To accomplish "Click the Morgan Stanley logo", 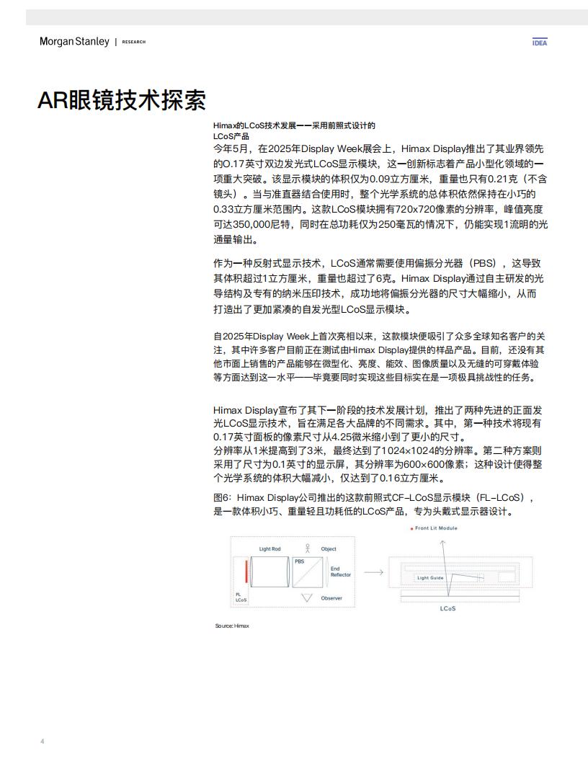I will [74, 42].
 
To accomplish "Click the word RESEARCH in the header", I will [134, 43].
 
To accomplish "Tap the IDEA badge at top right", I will [539, 42].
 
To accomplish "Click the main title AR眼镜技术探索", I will [122, 100].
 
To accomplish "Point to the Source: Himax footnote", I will [232, 626].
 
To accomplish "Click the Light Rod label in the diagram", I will [270, 549].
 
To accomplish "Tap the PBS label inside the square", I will [299, 561].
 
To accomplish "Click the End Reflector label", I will [340, 571].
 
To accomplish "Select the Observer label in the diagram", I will [331, 598].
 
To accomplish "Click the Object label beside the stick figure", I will [329, 549].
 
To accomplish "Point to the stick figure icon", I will [308, 547].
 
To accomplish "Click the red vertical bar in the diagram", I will [246, 574].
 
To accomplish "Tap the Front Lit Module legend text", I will [436, 528].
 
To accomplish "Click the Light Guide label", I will [430, 578].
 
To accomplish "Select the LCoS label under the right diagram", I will [447, 609].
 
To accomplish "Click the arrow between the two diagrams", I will [373, 573].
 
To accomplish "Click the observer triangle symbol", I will [308, 598].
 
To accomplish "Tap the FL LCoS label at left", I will [241, 597].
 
